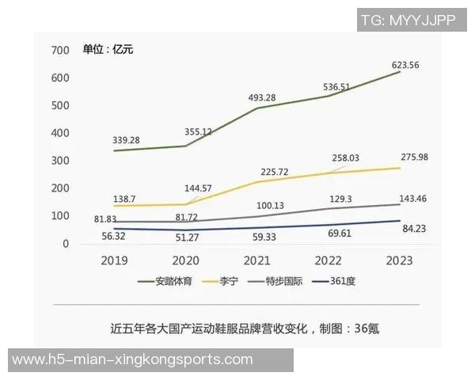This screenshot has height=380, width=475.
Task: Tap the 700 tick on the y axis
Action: tap(60, 51)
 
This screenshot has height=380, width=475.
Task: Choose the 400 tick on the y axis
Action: tap(60, 133)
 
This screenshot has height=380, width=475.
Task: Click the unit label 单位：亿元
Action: tap(108, 50)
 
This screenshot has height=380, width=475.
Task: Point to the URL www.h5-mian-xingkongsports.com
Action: tap(132, 360)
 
